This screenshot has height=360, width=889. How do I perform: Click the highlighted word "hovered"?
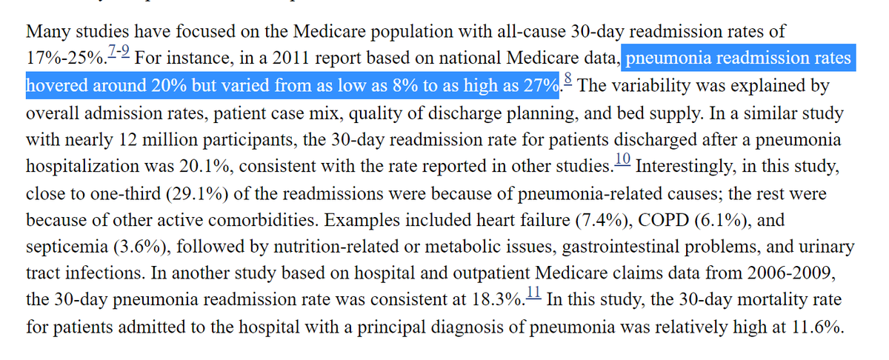pyautogui.click(x=55, y=86)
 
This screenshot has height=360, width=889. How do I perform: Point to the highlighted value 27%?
pyautogui.click(x=539, y=86)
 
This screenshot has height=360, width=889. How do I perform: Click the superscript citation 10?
pyautogui.click(x=623, y=159)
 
